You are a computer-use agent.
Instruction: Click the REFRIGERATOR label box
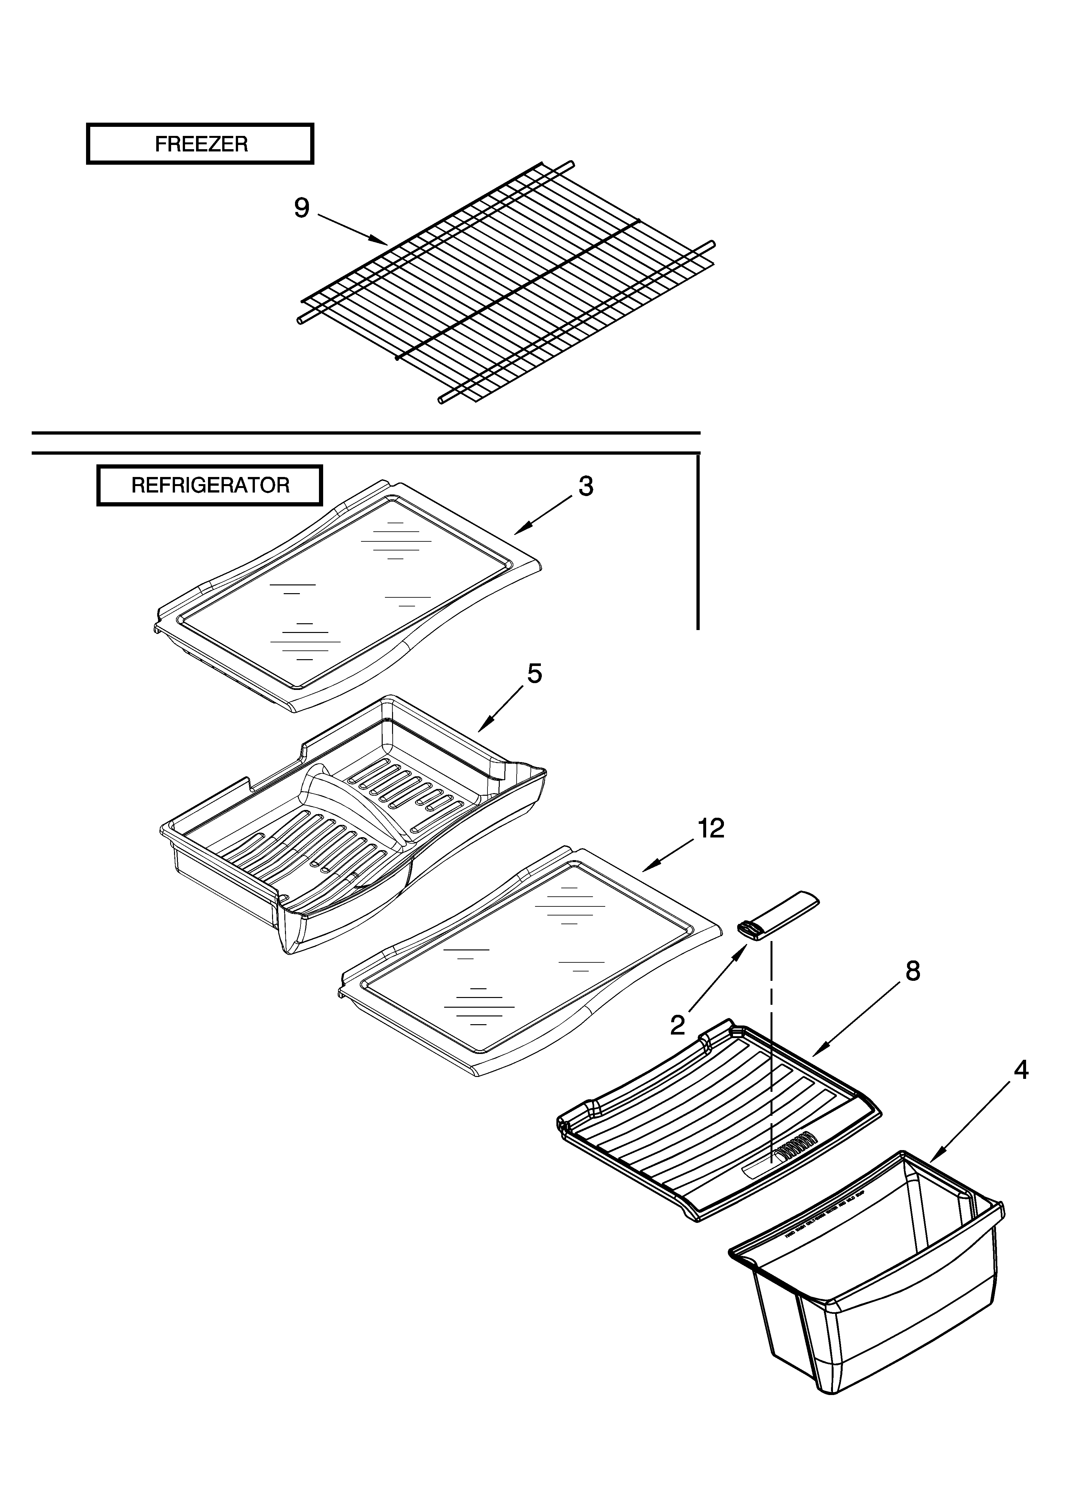[x=210, y=485]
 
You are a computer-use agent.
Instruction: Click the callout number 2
[x=677, y=1025]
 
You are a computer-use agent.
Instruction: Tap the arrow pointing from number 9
[x=353, y=227]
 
